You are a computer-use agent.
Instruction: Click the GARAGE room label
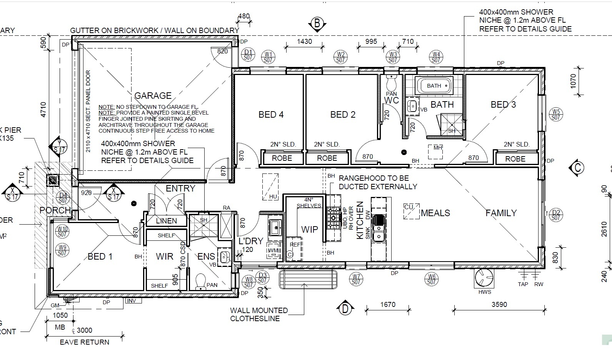pos(153,96)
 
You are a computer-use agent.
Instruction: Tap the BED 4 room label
pos(271,115)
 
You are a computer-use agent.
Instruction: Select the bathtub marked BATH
pos(434,85)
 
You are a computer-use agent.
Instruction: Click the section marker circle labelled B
pos(317,24)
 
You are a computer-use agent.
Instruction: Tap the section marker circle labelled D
pos(345,308)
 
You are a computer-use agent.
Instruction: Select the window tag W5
pos(555,114)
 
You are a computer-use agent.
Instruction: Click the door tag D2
pos(556,215)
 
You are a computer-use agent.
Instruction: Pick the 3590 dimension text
pos(499,305)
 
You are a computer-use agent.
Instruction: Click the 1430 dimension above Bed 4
pos(304,42)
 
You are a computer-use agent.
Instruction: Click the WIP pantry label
pos(309,230)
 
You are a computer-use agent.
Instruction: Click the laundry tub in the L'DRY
pos(275,227)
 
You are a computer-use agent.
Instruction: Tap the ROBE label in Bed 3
pos(515,159)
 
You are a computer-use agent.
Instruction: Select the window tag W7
pos(356,279)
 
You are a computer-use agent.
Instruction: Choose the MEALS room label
pos(435,213)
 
